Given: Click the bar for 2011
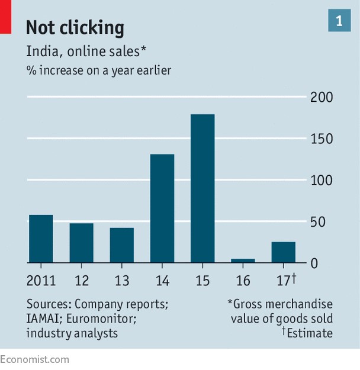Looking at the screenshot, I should [x=41, y=239].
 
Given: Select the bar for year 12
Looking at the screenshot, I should [x=81, y=243].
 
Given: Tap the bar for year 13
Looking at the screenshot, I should [x=121, y=245].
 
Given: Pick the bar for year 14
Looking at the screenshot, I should [x=162, y=208].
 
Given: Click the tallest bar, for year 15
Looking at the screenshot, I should [x=202, y=188].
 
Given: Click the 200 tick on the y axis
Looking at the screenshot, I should [x=322, y=97].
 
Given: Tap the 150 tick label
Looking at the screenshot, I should [x=322, y=139].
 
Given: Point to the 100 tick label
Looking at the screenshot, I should [x=322, y=180].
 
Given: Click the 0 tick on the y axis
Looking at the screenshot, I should [x=315, y=263].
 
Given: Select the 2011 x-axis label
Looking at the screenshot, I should [x=41, y=280].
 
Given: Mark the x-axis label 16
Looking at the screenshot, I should [x=243, y=280].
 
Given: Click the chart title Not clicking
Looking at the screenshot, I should [x=75, y=27].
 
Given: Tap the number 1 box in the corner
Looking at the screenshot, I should [x=339, y=21].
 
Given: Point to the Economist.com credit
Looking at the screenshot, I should [x=34, y=359].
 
